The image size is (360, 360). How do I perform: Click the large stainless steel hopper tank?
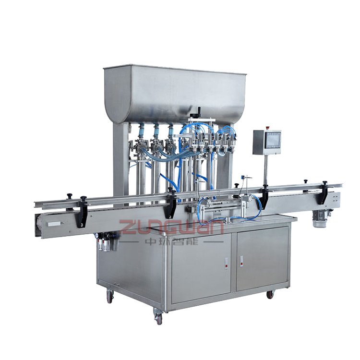click(x=175, y=94)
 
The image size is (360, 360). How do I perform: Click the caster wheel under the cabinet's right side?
click(x=270, y=294)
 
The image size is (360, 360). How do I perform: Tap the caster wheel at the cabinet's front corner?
click(x=158, y=317)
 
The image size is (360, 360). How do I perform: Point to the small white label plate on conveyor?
click(x=54, y=224)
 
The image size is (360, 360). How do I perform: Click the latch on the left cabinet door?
click(x=227, y=263)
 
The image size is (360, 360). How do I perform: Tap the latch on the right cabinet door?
click(x=241, y=261)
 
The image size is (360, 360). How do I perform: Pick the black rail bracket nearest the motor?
click(x=325, y=193)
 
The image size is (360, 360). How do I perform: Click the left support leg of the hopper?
click(x=120, y=158)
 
